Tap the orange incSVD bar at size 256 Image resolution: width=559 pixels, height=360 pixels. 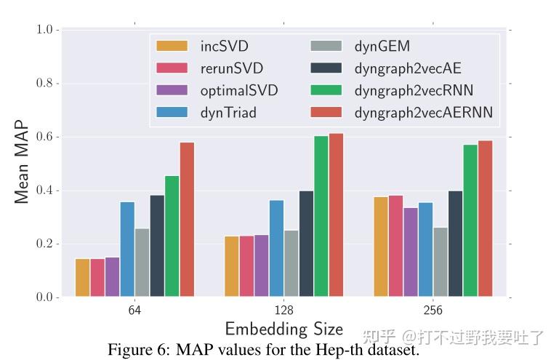coord(381,247)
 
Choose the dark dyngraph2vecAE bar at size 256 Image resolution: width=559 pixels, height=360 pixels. coord(456,244)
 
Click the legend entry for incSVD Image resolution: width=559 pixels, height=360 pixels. coord(224,47)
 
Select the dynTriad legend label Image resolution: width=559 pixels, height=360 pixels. coord(228,112)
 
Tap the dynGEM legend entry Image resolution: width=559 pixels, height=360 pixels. coord(382,47)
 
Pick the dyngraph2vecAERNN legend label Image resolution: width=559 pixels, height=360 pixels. coord(423,112)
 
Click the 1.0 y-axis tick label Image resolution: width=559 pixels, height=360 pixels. coord(46,30)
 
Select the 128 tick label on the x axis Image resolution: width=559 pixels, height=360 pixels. coord(283,311)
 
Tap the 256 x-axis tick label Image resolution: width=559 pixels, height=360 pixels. coord(433,311)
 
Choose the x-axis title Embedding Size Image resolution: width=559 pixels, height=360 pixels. coord(283,329)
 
